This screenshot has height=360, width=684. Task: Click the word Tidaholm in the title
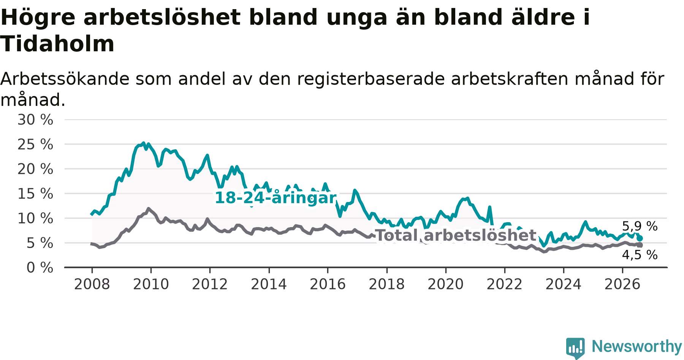coord(57,44)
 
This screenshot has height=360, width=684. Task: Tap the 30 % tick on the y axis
coord(35,120)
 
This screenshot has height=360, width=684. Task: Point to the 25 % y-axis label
coord(35,145)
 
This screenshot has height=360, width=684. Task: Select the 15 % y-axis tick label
coord(35,194)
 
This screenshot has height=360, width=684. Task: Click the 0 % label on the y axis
coord(40,268)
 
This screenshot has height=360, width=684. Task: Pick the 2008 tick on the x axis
coord(92,284)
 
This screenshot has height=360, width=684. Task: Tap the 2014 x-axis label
coord(269,284)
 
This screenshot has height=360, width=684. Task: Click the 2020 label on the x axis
coord(446,284)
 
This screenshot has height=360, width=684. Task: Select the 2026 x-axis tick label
coord(622,284)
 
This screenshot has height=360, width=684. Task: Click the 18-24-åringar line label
coord(276,198)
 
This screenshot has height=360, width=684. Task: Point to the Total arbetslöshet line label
coord(456,235)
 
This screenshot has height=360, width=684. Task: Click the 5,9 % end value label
coord(640,226)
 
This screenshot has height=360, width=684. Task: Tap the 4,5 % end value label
coord(640,255)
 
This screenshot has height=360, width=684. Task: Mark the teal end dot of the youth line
coord(640,238)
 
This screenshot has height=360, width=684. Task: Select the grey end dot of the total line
coord(640,245)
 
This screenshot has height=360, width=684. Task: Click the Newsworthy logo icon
coord(576,347)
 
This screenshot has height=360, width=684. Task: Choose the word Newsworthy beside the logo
coord(637,346)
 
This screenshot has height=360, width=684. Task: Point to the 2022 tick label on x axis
coord(505,284)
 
